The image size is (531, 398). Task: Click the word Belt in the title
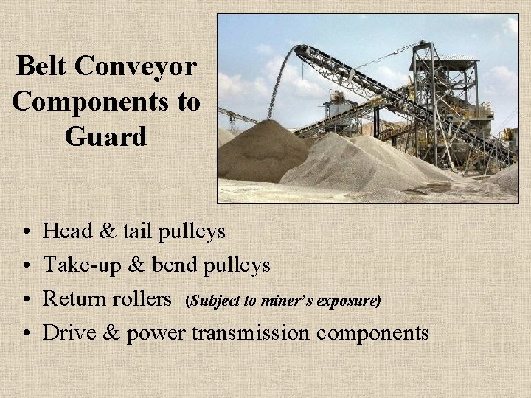click(x=43, y=67)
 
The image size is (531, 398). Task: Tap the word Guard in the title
click(x=105, y=136)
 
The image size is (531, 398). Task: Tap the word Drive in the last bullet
click(x=69, y=332)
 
